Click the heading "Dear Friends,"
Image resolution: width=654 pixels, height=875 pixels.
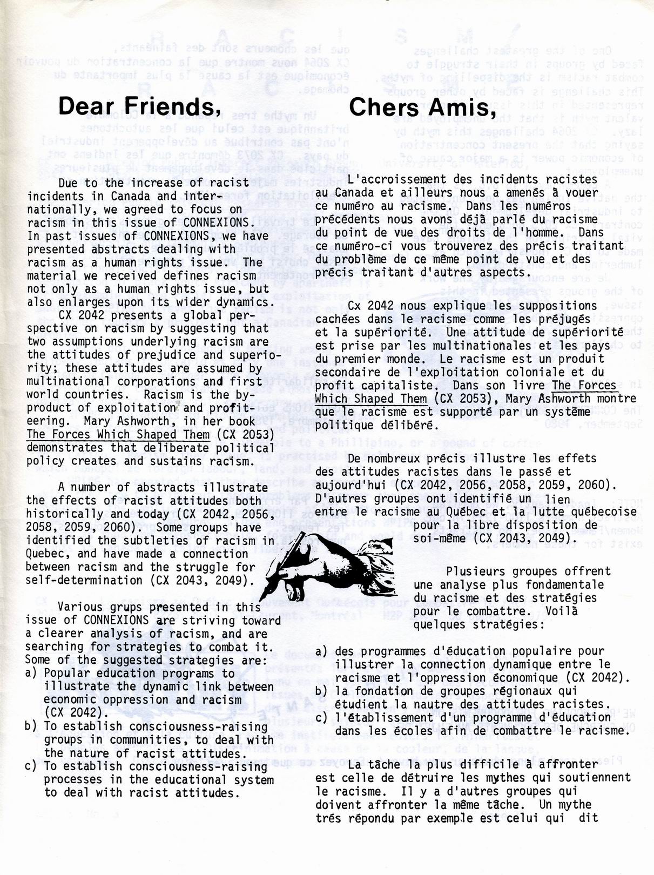[140, 106]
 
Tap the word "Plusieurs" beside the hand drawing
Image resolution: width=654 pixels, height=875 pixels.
[476, 571]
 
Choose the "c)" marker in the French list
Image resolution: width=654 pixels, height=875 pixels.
[322, 718]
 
